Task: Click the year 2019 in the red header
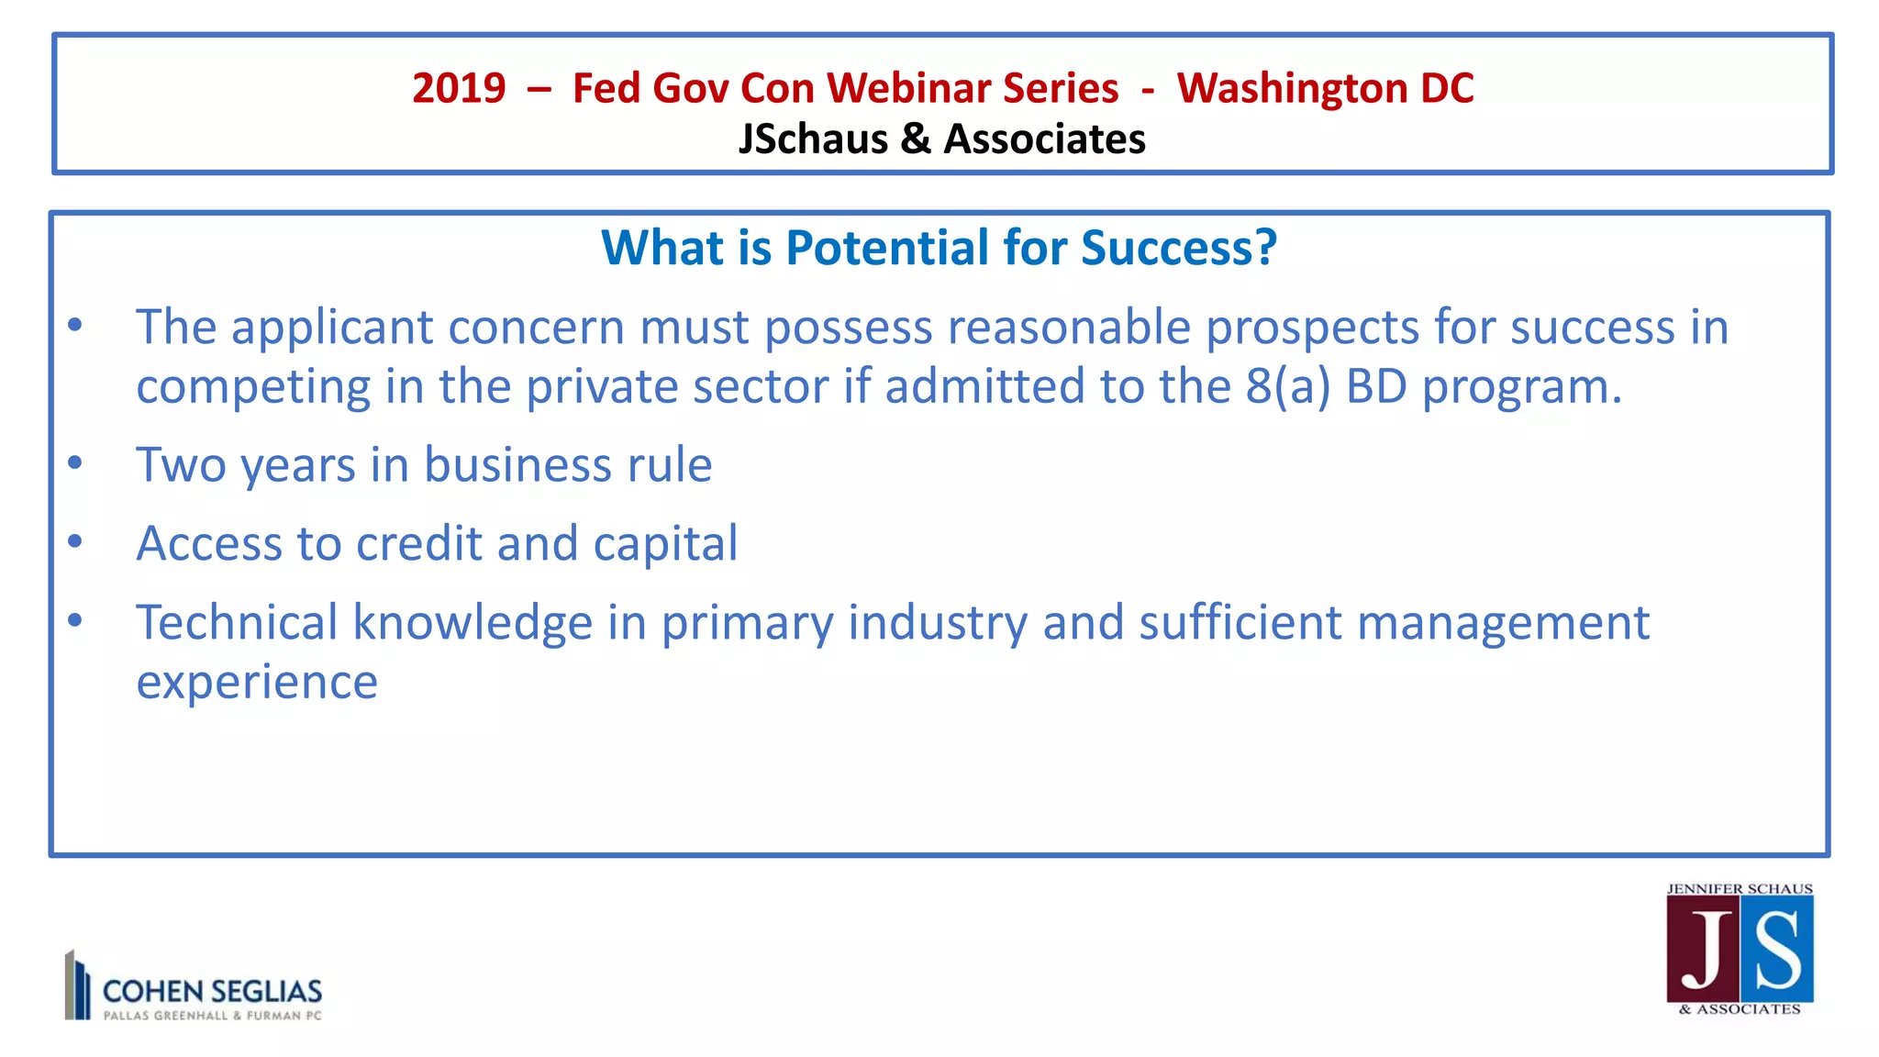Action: coord(459,89)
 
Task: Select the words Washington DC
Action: coord(1325,89)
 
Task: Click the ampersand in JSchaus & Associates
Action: coord(915,139)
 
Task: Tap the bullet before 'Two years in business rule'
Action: coord(75,462)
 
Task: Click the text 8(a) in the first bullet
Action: coord(1287,386)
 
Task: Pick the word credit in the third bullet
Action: coord(418,543)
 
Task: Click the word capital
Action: coord(665,543)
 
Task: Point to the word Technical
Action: coord(237,622)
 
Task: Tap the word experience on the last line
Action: coord(257,682)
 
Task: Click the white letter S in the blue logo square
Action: coord(1778,951)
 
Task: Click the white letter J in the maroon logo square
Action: coord(1705,951)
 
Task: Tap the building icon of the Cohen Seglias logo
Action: coord(77,985)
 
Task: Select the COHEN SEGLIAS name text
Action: coord(212,991)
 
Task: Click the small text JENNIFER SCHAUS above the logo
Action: coord(1740,889)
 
